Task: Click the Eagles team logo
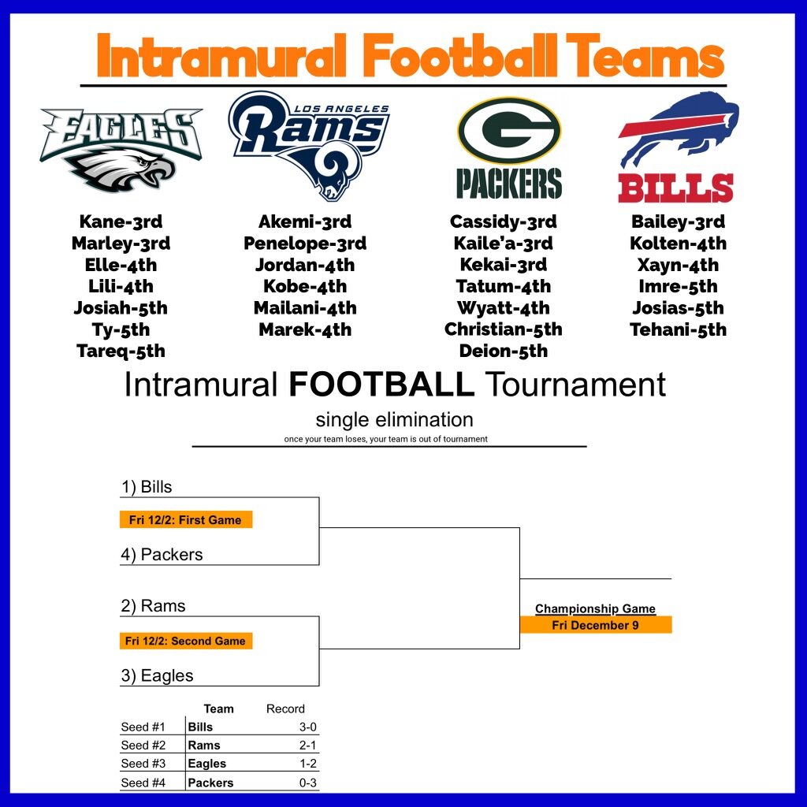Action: pyautogui.click(x=121, y=150)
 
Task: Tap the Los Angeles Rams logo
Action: pyautogui.click(x=309, y=146)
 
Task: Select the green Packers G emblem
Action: pyautogui.click(x=509, y=131)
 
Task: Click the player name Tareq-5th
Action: pyautogui.click(x=121, y=351)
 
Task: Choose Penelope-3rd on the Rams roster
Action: pyautogui.click(x=305, y=244)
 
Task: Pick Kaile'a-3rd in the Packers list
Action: pyautogui.click(x=504, y=244)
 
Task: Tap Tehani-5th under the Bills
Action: pyautogui.click(x=679, y=329)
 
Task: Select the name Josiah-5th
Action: pyautogui.click(x=121, y=308)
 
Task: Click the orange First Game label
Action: pyautogui.click(x=186, y=520)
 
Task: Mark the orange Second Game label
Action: pyautogui.click(x=186, y=641)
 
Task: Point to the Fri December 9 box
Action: pyautogui.click(x=596, y=625)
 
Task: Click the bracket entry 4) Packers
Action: pyautogui.click(x=162, y=554)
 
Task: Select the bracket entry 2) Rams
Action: pyautogui.click(x=153, y=606)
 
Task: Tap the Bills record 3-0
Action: pyautogui.click(x=308, y=727)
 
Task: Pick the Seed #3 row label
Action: pyautogui.click(x=143, y=763)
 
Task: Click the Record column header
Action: pyautogui.click(x=285, y=708)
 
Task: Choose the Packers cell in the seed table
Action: pyautogui.click(x=210, y=783)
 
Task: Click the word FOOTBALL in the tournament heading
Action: pyautogui.click(x=381, y=384)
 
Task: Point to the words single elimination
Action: pyautogui.click(x=394, y=420)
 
